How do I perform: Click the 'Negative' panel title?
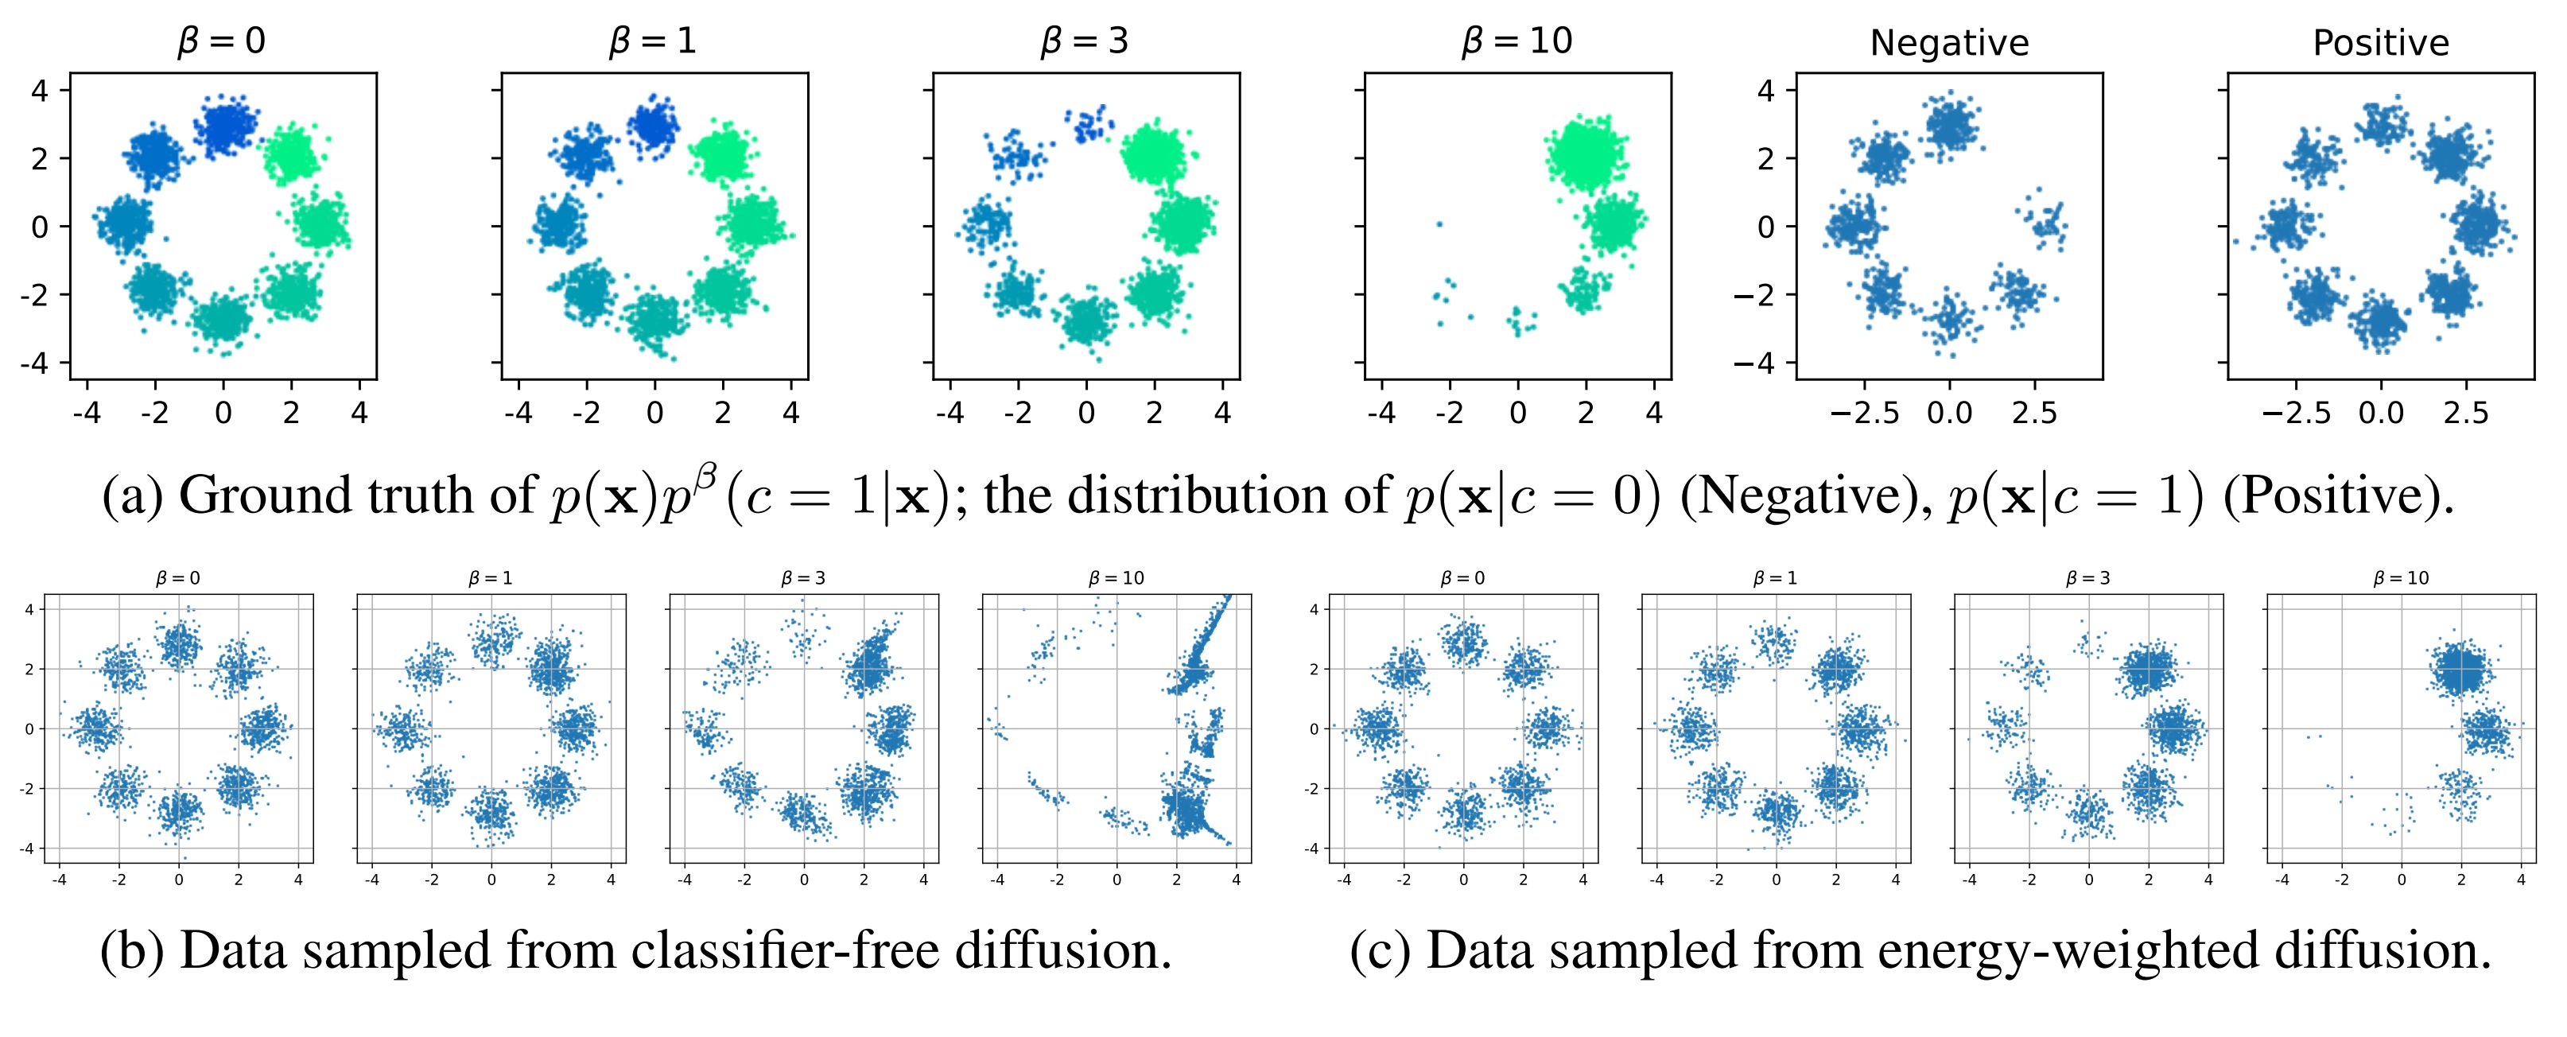tap(1949, 44)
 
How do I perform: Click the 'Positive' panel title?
tap(2381, 44)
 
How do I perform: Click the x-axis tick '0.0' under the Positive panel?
tap(2381, 414)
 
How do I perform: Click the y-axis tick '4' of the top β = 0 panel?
tap(40, 91)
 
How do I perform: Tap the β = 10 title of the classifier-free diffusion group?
tap(1116, 578)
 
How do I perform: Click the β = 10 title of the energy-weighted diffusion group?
tap(2402, 578)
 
